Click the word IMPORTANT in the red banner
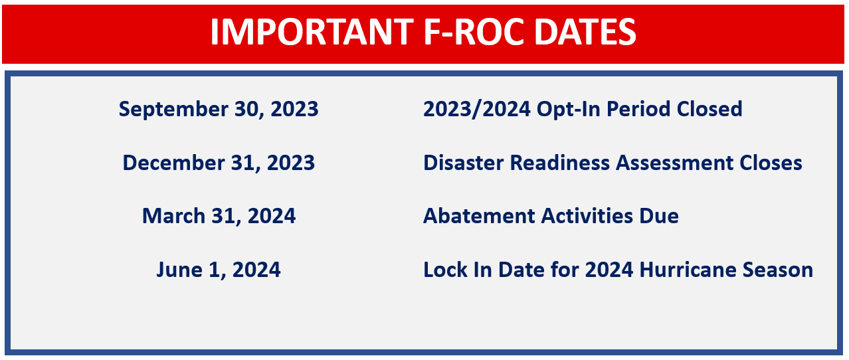tap(312, 32)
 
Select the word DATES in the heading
tap(585, 32)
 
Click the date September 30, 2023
tap(219, 110)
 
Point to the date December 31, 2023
tap(219, 163)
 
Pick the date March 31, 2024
tap(219, 217)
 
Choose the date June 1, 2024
tap(219, 270)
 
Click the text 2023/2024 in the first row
tap(477, 110)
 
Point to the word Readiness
tap(559, 163)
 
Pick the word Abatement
tap(479, 217)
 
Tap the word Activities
tap(587, 217)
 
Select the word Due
tap(659, 217)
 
